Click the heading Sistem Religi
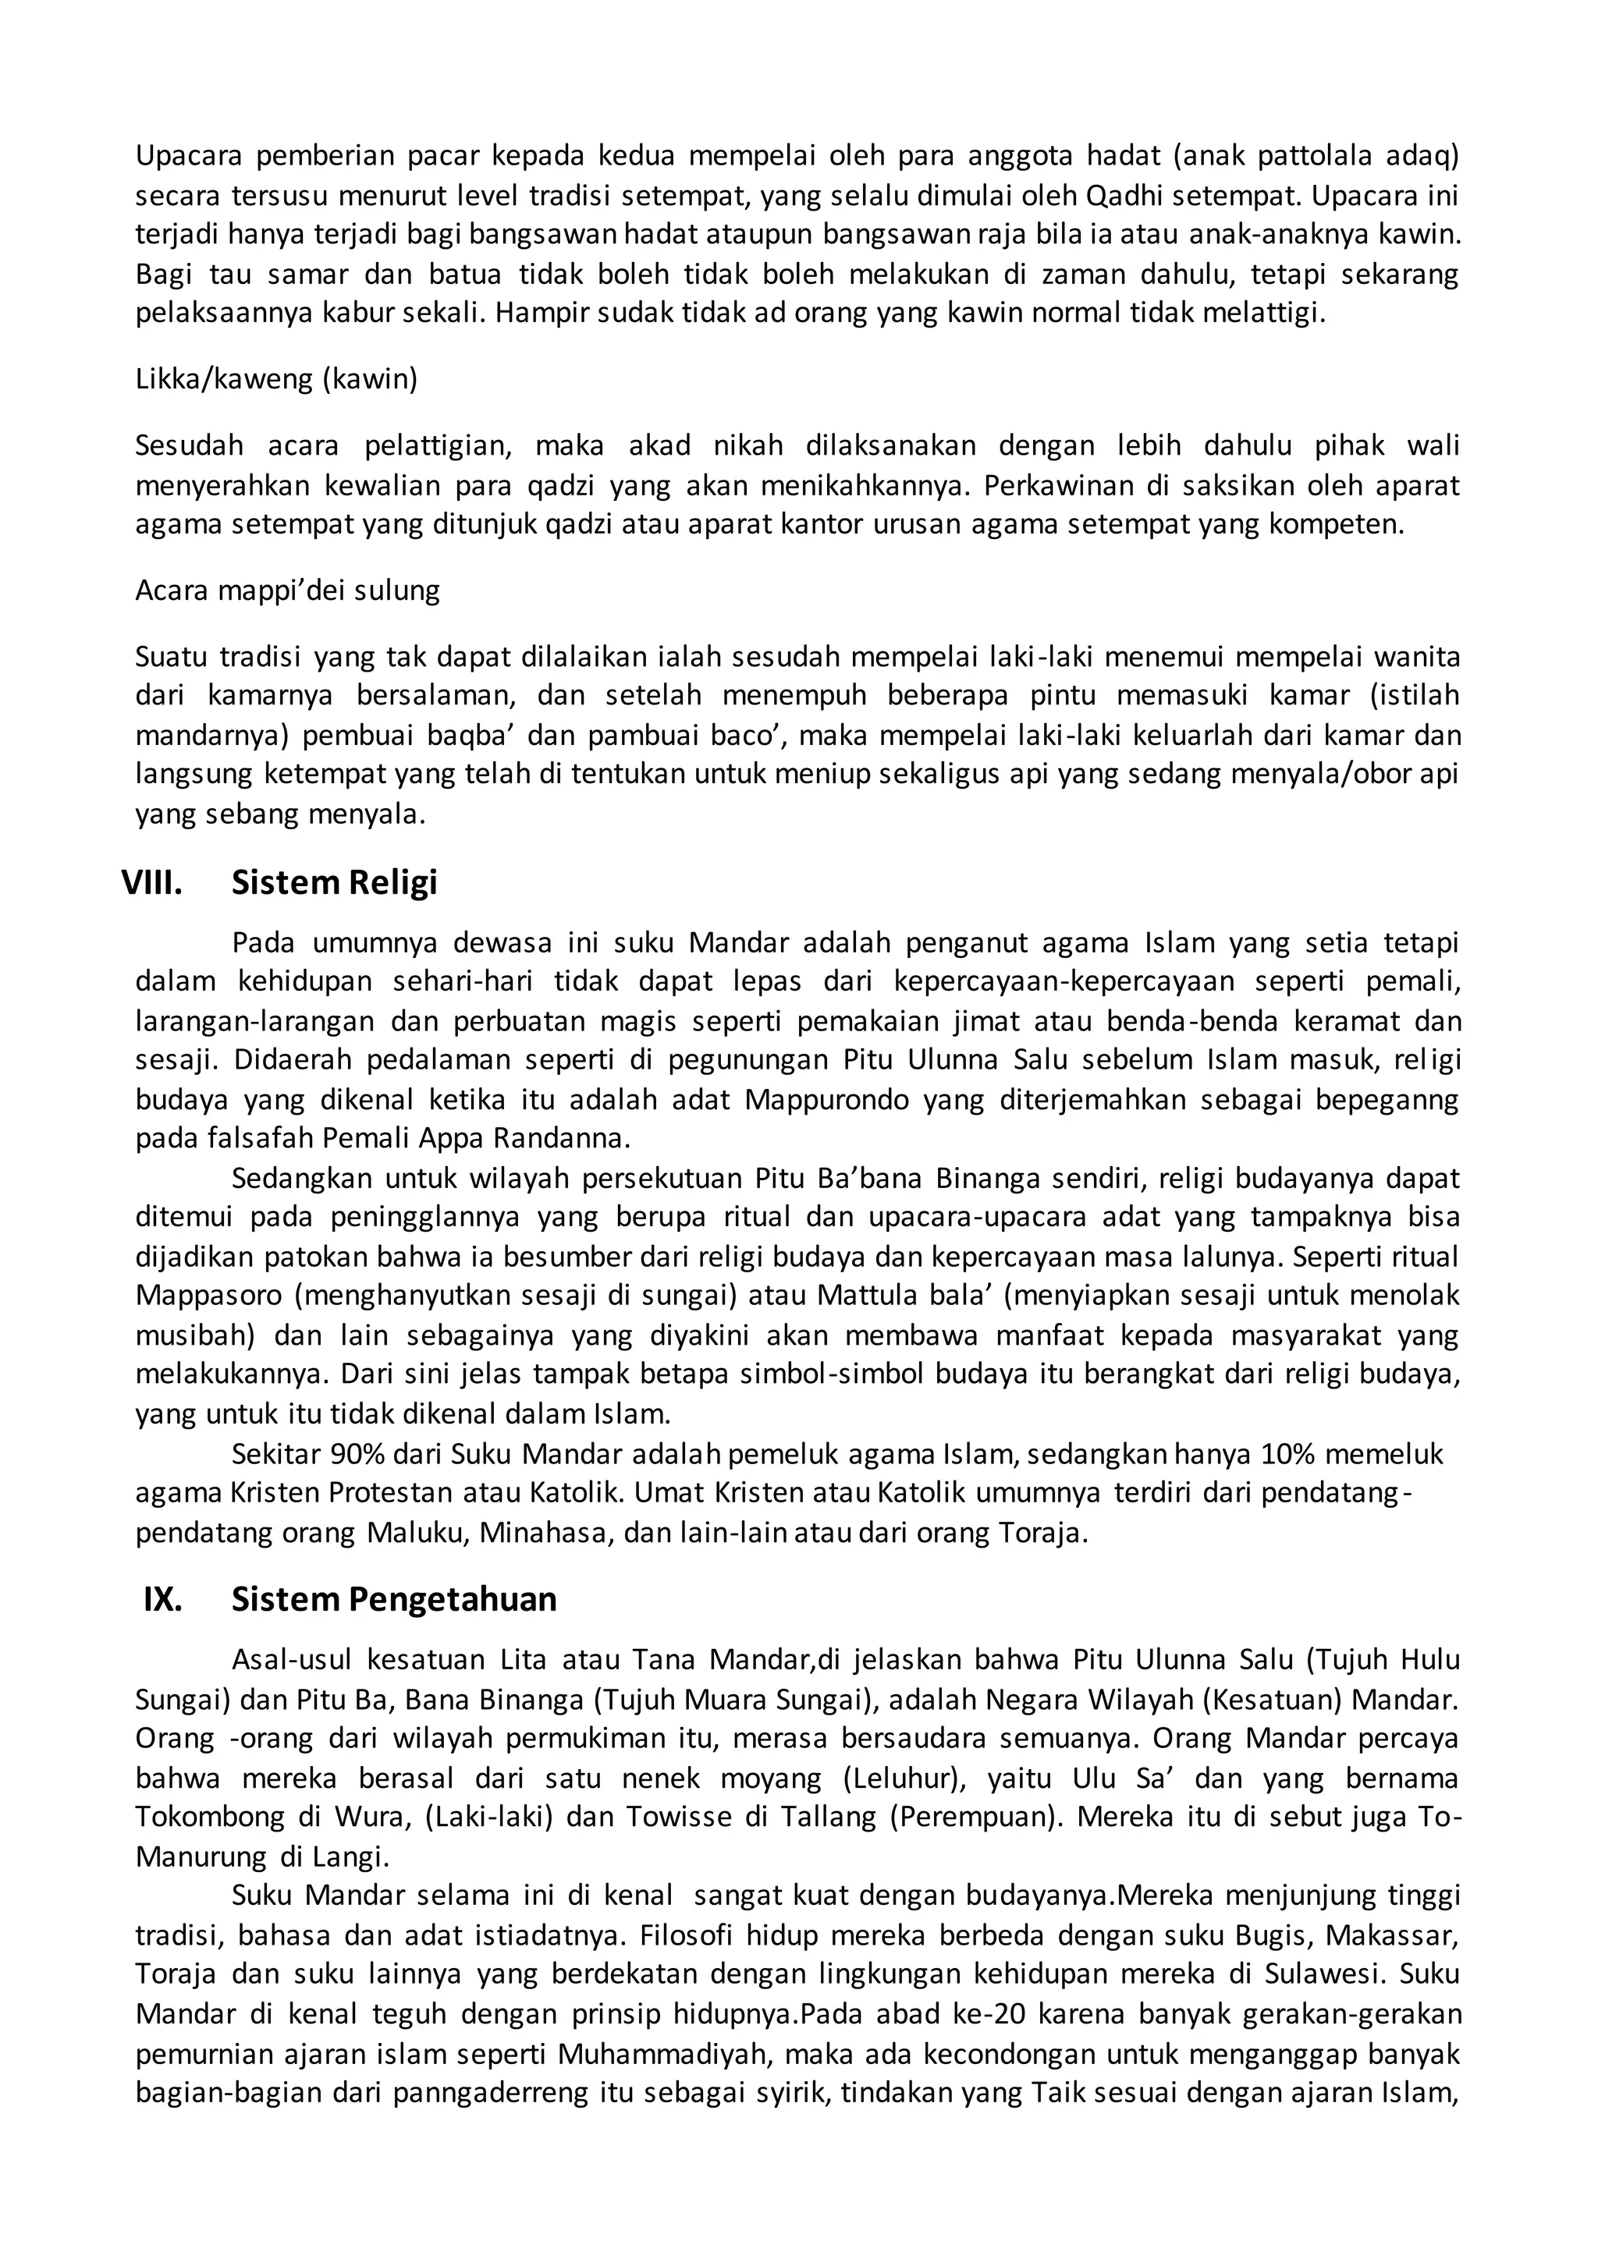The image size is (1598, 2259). coord(334,882)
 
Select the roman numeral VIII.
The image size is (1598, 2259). coord(151,882)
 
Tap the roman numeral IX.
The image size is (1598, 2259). coord(162,1599)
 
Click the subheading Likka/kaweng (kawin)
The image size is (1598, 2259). coord(276,379)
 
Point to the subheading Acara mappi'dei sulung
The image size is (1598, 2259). coord(287,590)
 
